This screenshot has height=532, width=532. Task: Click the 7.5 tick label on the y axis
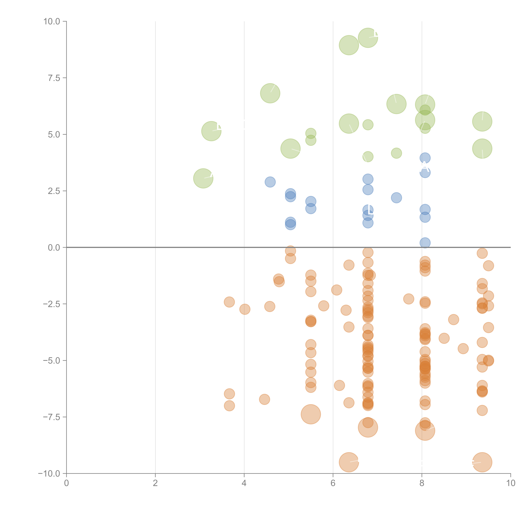pyautogui.click(x=54, y=78)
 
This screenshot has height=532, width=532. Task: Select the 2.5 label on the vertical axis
pyautogui.click(x=54, y=191)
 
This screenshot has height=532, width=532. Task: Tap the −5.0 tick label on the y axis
pyautogui.click(x=51, y=361)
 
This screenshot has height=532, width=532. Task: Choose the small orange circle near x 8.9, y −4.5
pyautogui.click(x=463, y=349)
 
